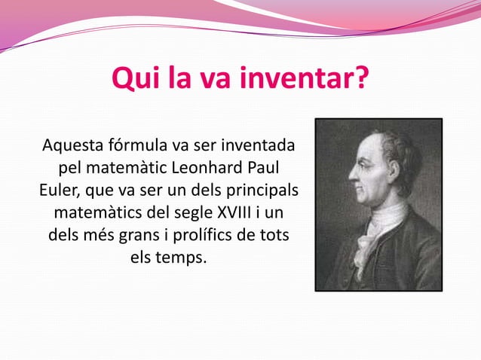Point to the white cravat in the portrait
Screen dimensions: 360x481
pyautogui.click(x=375, y=230)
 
